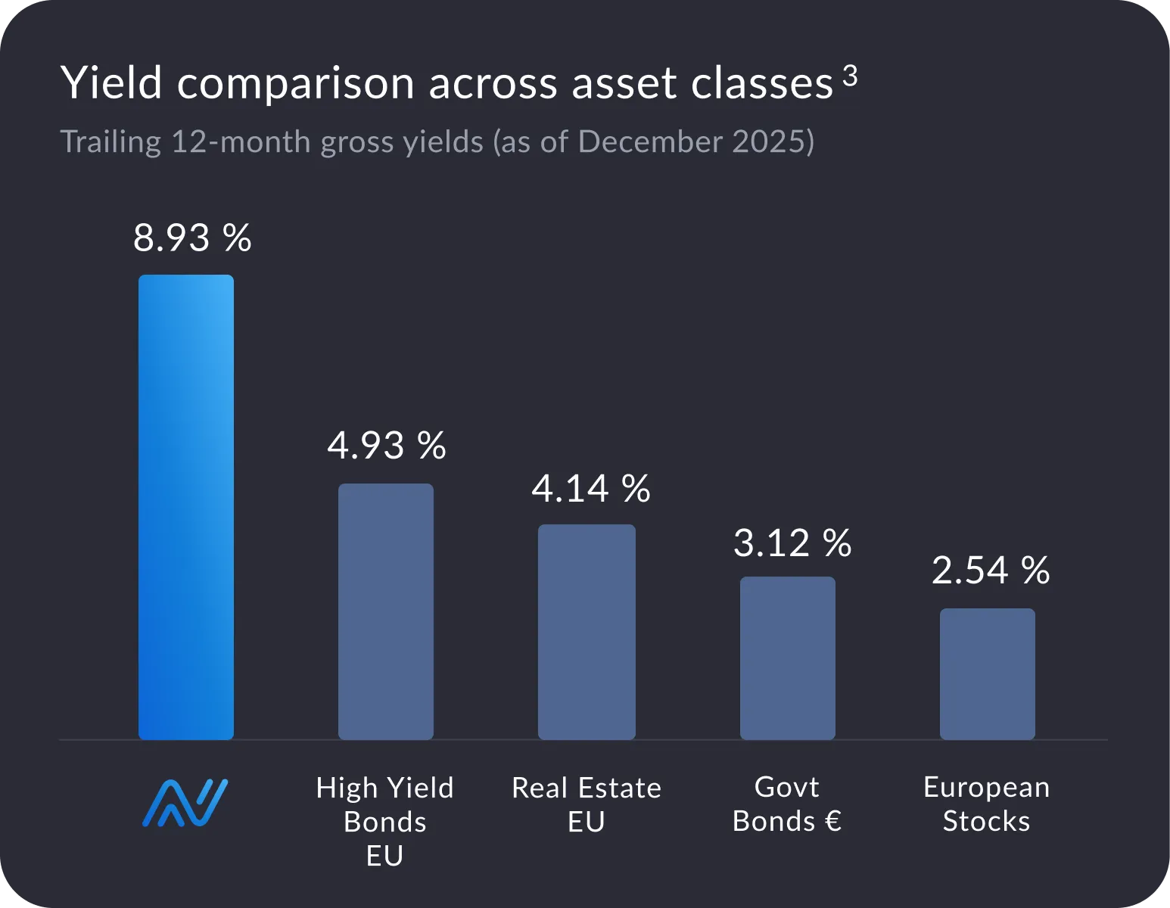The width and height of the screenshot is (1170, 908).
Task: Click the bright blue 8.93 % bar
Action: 186,507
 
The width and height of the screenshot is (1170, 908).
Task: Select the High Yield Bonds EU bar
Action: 386,611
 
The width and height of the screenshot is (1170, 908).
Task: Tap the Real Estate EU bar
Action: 587,632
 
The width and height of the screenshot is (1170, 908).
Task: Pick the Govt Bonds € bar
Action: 788,658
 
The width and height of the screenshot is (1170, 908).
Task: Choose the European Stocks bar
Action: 988,673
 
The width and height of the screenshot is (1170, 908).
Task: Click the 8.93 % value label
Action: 192,238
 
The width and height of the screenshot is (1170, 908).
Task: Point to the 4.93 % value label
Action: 387,445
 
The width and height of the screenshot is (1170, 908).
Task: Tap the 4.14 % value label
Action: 590,489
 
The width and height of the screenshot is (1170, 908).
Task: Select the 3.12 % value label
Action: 792,543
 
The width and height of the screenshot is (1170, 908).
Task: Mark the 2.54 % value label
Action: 990,571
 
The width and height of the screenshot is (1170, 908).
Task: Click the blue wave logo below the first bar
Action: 185,803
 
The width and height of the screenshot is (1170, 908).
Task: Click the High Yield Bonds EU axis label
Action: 385,822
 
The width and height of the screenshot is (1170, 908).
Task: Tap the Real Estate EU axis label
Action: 587,804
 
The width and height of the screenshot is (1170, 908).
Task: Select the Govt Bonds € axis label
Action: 787,804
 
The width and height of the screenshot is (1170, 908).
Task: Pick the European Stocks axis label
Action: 987,804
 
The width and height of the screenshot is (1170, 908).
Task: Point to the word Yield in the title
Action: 111,82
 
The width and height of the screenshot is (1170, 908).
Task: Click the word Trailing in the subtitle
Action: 110,142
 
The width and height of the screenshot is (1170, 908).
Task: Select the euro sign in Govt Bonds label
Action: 832,822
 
